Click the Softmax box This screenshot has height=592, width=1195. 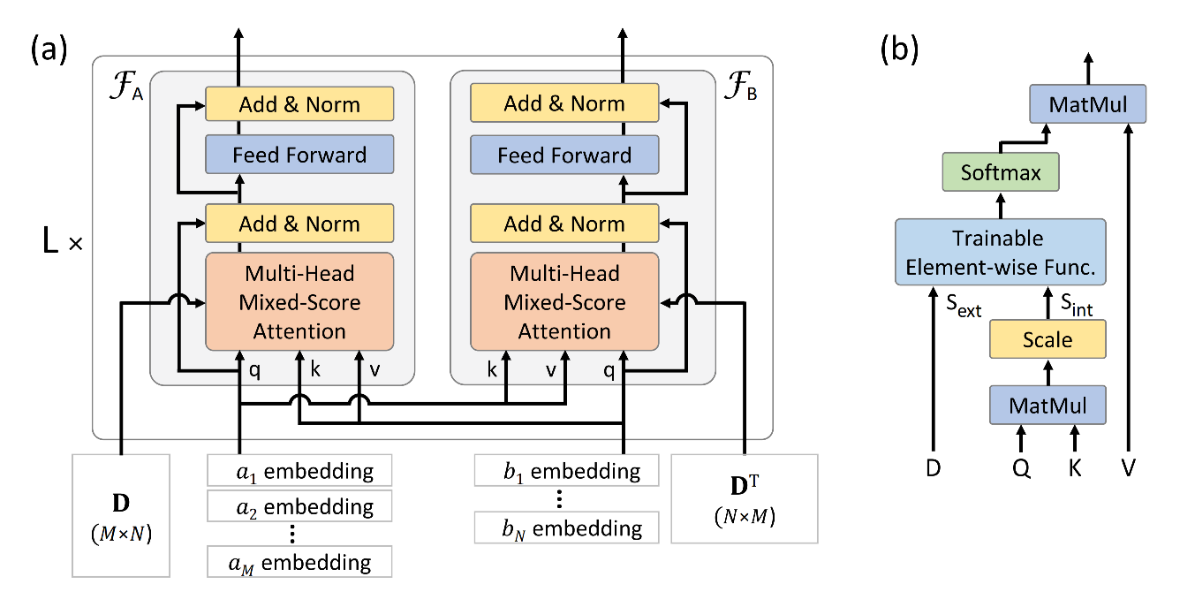tap(1000, 172)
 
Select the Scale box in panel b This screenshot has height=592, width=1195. tap(1048, 340)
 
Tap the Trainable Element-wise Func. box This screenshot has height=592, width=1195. tap(1000, 251)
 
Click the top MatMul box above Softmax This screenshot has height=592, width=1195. tap(1087, 104)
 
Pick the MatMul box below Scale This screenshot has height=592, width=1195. tap(1048, 406)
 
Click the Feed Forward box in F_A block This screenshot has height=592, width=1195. tap(299, 156)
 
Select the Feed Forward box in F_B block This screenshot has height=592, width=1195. tap(564, 156)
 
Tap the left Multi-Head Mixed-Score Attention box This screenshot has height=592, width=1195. tap(299, 301)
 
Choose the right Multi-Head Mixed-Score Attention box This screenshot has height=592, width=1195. tap(564, 301)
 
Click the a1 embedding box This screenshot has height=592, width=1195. tap(299, 470)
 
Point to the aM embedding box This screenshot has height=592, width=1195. tap(299, 561)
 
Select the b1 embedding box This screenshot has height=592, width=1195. tap(566, 470)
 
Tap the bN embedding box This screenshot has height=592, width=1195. tap(566, 527)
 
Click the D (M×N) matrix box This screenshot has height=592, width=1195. tap(120, 511)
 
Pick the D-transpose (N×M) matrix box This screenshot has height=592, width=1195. tap(745, 497)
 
